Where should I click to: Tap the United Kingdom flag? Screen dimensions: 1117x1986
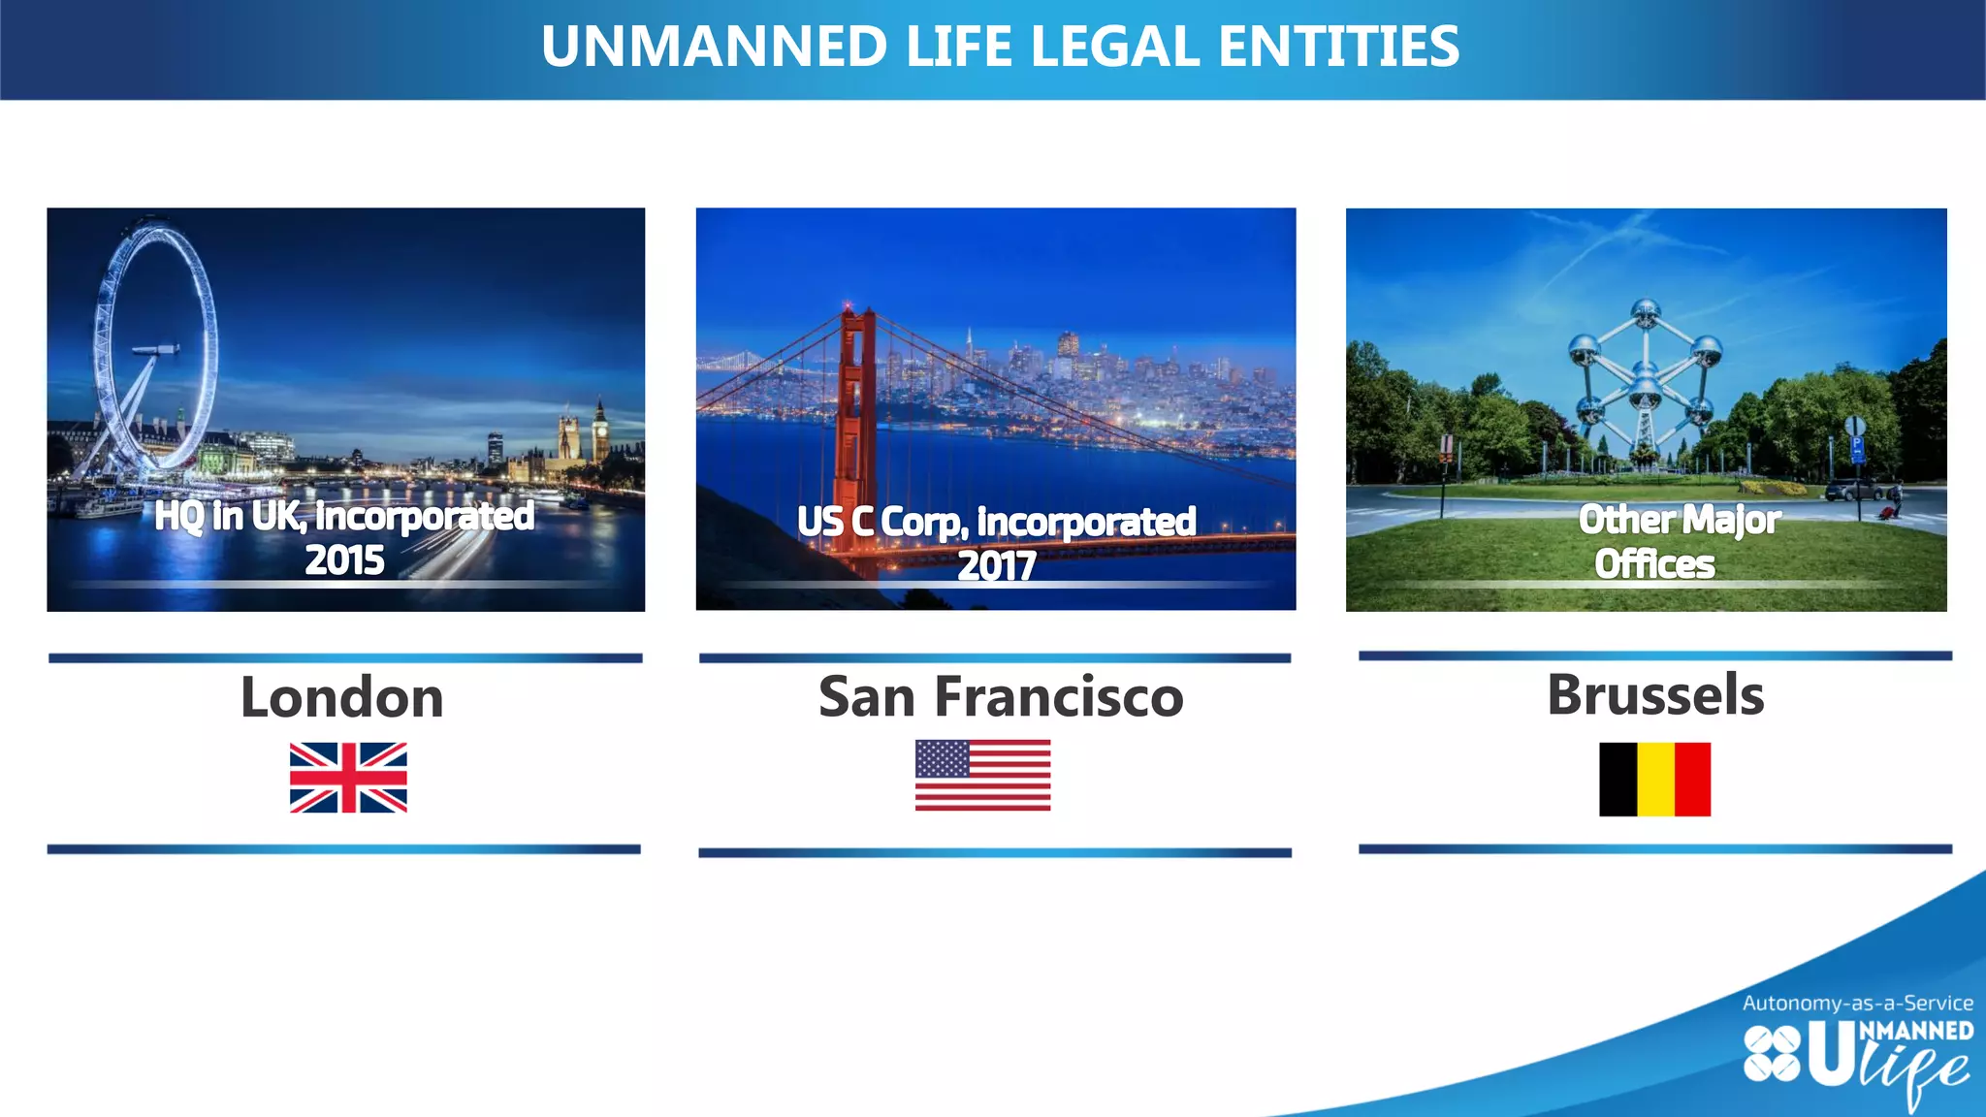[x=348, y=778]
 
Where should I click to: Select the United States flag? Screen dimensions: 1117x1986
[x=982, y=775]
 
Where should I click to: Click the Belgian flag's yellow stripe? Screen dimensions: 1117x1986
[x=1655, y=780]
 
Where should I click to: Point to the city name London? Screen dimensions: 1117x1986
[x=342, y=697]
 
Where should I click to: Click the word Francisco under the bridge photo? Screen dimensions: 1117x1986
[x=1059, y=697]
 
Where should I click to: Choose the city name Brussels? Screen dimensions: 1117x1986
[x=1655, y=694]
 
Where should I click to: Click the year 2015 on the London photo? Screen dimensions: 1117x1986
[x=344, y=560]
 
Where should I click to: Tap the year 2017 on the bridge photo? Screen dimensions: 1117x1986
[x=996, y=565]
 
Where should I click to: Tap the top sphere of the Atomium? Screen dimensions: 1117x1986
[x=1646, y=312]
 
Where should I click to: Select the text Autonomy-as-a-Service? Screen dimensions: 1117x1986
[x=1857, y=1003]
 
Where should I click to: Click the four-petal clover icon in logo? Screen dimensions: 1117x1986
[x=1772, y=1054]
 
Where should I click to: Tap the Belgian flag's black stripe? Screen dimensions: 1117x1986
[x=1618, y=780]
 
